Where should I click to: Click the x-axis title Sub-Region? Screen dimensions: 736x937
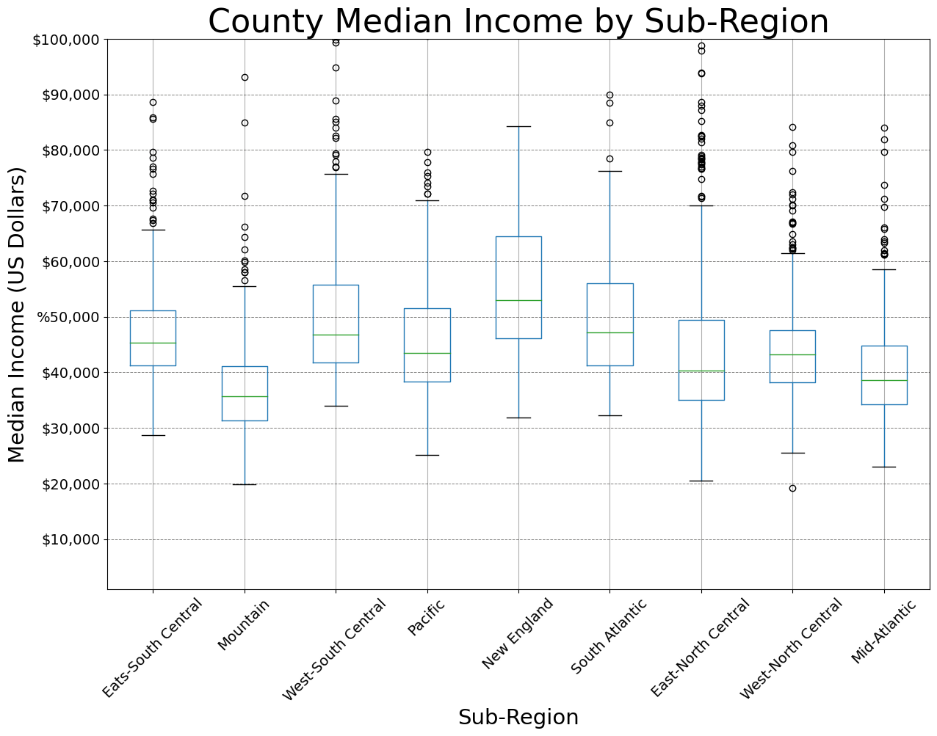point(518,717)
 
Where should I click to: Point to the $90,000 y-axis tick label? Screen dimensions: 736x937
point(66,95)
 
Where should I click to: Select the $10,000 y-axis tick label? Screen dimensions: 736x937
point(66,539)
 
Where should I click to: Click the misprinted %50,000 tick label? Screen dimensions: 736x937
point(65,317)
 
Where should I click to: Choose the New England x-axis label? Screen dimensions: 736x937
point(518,634)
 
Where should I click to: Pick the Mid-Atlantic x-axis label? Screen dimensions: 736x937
point(883,632)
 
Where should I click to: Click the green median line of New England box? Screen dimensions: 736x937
point(518,300)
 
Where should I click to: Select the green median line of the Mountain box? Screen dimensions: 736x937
point(245,396)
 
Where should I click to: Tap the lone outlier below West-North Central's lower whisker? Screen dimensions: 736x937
point(792,488)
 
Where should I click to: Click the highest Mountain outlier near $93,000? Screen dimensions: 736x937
point(245,77)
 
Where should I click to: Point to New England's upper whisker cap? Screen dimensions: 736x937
point(518,126)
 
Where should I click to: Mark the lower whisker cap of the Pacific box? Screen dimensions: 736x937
point(427,455)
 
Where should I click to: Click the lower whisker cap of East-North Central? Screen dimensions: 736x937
point(701,481)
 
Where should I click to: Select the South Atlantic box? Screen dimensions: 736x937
point(609,324)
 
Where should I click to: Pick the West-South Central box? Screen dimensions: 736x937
point(336,324)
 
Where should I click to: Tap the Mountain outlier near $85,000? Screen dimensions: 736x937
point(245,123)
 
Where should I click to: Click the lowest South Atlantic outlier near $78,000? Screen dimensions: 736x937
point(609,159)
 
